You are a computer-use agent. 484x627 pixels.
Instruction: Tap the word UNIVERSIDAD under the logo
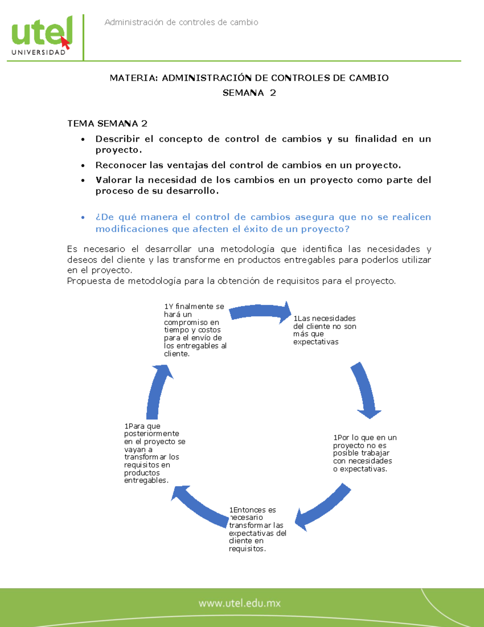coord(39,52)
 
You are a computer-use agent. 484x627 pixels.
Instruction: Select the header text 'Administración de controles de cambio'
coord(181,23)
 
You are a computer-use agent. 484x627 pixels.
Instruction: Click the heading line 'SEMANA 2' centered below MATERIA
coord(249,93)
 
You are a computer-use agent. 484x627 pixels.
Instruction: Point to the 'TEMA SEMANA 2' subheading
coord(107,124)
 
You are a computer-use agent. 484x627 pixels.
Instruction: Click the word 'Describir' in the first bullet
coord(117,139)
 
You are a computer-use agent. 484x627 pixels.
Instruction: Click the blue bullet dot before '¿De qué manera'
coord(83,218)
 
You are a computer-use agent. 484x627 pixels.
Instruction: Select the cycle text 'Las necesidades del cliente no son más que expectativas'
coord(324,330)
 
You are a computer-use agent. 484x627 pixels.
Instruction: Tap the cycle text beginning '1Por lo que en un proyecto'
coord(364,453)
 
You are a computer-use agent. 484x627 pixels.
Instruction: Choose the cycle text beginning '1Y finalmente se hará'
coord(194,330)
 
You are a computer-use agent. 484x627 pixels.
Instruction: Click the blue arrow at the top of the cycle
coord(261,312)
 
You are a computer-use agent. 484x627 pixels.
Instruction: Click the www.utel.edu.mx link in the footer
coord(240,604)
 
